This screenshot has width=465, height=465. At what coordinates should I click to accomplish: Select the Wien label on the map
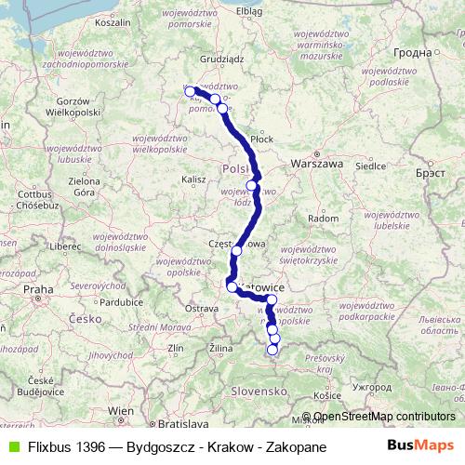120,410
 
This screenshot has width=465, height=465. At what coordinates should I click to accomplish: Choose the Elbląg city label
250,10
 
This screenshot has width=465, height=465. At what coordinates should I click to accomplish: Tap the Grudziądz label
220,58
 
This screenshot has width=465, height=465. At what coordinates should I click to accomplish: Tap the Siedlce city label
372,168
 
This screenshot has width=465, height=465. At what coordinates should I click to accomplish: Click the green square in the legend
11,447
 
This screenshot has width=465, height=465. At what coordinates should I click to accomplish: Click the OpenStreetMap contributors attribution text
384,418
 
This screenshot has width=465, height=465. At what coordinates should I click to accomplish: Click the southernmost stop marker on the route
272,350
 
